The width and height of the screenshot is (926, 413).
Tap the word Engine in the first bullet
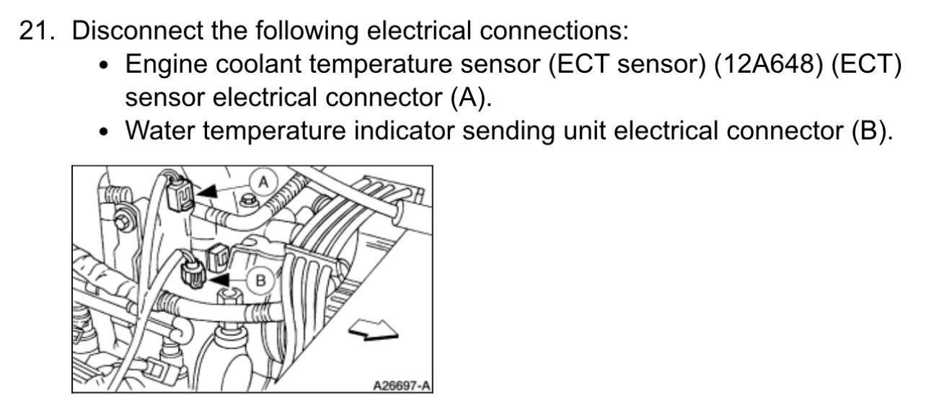(x=165, y=65)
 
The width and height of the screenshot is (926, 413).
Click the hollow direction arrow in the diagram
(x=373, y=331)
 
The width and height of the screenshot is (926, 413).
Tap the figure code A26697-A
(x=402, y=386)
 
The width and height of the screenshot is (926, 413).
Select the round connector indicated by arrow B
(x=193, y=275)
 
